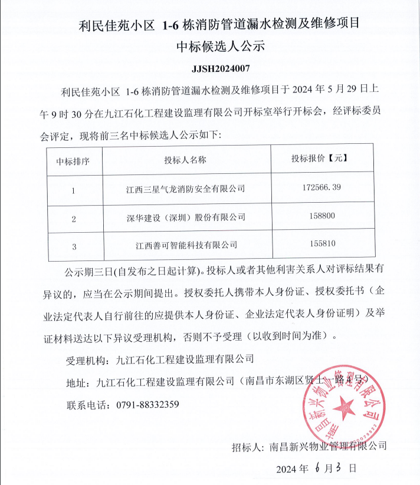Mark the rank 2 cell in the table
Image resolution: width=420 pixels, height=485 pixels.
[x=73, y=219]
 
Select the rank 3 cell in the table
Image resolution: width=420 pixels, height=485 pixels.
[x=73, y=246]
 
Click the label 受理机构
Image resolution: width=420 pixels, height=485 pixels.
[x=87, y=359]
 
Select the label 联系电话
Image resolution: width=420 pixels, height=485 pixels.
[x=87, y=405]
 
